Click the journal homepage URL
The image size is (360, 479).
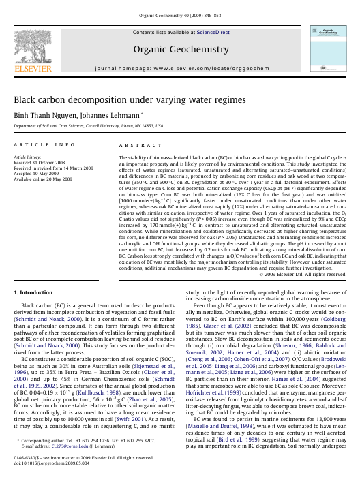click(227, 69)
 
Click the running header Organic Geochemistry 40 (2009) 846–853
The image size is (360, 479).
click(179, 15)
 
